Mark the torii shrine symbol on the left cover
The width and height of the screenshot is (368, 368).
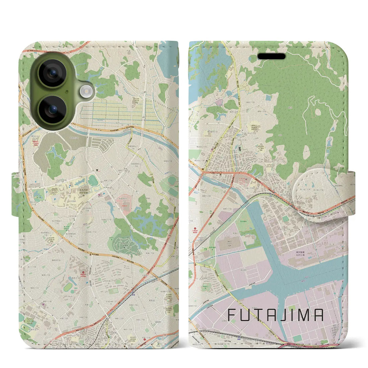(x=96, y=170)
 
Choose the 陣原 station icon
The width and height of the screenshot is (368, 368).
(x=241, y=335)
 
